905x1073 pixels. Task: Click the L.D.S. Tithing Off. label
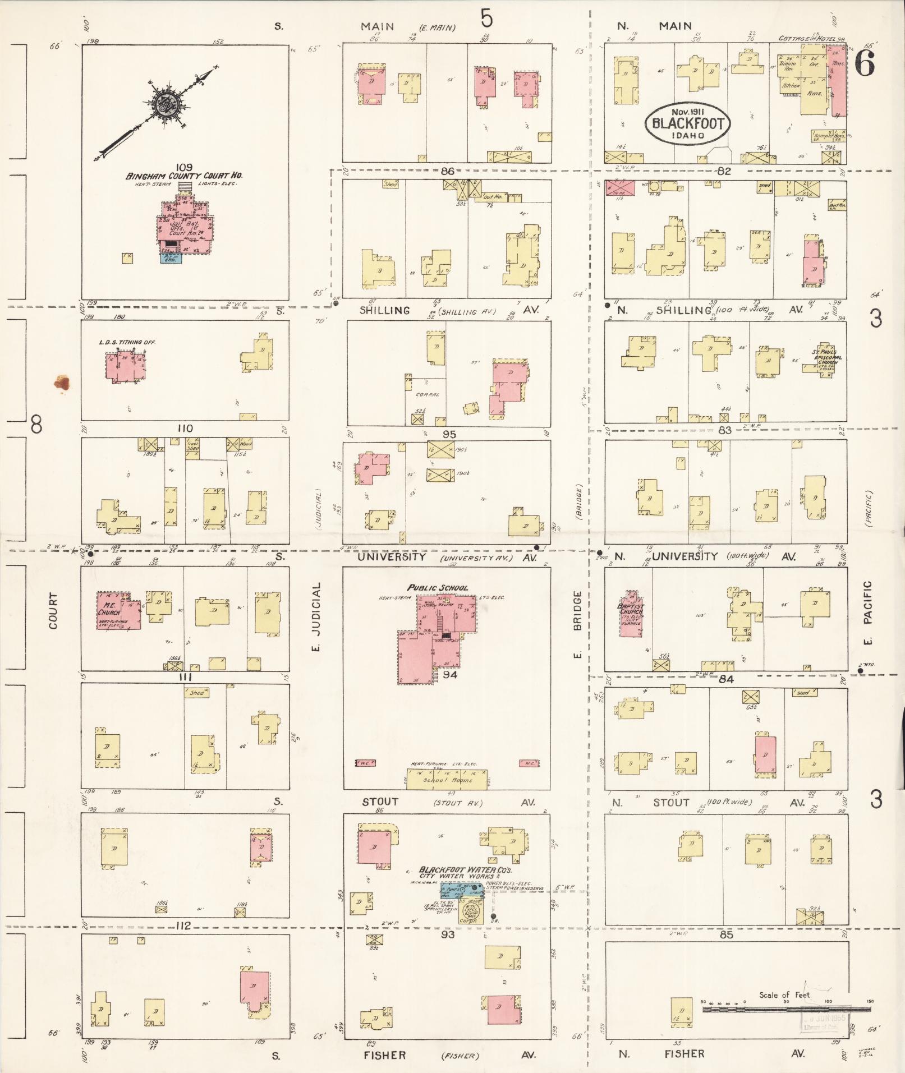(128, 342)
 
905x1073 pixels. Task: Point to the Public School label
(438, 588)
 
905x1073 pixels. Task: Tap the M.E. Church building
(118, 610)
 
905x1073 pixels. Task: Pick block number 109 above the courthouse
(184, 167)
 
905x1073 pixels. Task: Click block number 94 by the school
(450, 675)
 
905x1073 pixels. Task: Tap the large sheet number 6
(865, 65)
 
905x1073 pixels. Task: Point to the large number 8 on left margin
(36, 426)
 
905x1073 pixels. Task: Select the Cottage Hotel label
(808, 39)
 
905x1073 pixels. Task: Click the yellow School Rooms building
(447, 779)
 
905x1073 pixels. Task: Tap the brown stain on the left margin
(62, 383)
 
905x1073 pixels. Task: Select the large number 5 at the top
(486, 20)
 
